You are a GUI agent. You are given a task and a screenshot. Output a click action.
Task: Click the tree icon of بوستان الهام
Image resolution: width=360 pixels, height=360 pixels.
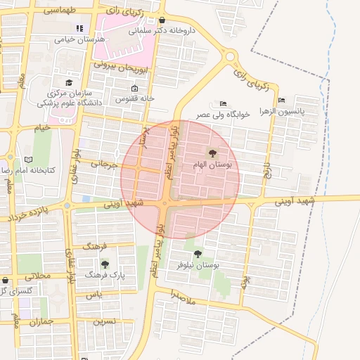pyautogui.click(x=212, y=152)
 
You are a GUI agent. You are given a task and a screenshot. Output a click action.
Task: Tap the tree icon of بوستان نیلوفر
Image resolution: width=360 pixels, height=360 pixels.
pyautogui.click(x=198, y=254)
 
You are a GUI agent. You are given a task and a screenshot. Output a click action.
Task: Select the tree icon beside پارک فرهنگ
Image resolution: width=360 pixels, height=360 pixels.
pyautogui.click(x=105, y=264)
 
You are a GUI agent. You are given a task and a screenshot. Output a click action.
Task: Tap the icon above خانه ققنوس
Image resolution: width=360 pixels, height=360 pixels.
pyautogui.click(x=135, y=89)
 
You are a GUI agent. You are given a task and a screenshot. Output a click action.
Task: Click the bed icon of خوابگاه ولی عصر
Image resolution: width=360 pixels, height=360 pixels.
pyautogui.click(x=223, y=104)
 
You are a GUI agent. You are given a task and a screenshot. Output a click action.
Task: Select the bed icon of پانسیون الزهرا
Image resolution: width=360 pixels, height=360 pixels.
pyautogui.click(x=281, y=100)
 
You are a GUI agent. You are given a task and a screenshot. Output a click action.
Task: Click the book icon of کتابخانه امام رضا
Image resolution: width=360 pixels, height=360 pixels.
pyautogui.click(x=28, y=160)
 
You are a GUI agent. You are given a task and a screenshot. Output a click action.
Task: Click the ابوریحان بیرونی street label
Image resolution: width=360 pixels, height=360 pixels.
pyautogui.click(x=122, y=67)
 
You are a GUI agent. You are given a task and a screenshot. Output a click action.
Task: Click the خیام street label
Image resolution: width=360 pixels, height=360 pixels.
pyautogui.click(x=41, y=129)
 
